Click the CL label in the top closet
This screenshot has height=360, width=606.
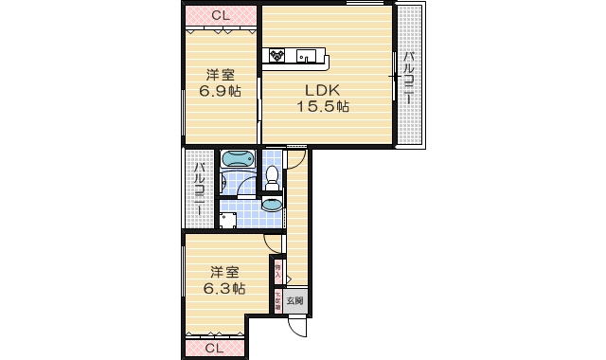click(x=221, y=15)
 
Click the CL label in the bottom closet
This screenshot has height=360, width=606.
click(x=214, y=349)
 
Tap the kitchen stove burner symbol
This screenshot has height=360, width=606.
click(x=278, y=55)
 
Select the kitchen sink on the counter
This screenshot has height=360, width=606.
click(x=305, y=54)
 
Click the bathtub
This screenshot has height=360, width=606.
click(x=236, y=160)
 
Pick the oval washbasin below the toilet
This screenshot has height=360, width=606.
click(x=272, y=202)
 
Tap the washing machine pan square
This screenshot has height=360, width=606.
click(x=228, y=220)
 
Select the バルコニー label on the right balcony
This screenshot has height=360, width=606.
click(x=409, y=76)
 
